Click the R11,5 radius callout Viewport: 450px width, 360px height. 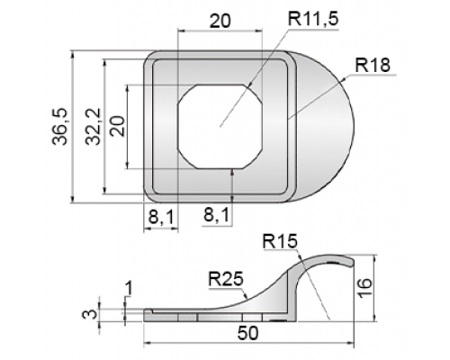(x=313, y=19)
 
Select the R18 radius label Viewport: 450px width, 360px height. (x=373, y=66)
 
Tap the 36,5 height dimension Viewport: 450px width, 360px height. (x=60, y=127)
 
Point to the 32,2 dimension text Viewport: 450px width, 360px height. (x=94, y=127)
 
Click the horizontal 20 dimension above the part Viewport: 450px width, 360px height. (x=220, y=21)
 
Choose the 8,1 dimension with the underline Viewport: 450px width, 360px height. (x=216, y=215)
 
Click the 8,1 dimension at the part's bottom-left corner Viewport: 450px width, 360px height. (x=161, y=217)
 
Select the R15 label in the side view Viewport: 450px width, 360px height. (x=280, y=241)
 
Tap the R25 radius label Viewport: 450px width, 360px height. (x=226, y=280)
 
